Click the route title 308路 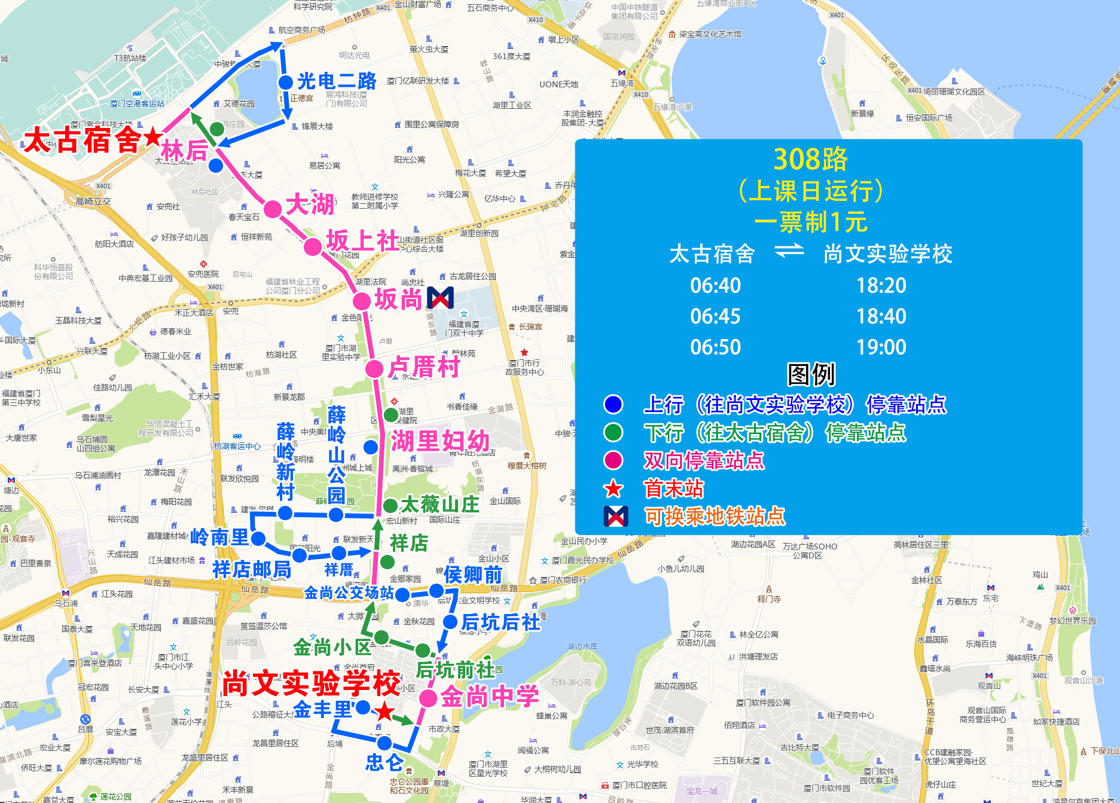pos(810,160)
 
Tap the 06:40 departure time pos(715,286)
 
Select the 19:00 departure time pos(881,347)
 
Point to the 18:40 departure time pos(881,316)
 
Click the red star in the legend pos(613,489)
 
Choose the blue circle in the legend pos(613,404)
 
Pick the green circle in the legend pos(613,432)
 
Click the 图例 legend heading pos(811,375)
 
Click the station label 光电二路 pos(337,81)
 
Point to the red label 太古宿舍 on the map pos(82,141)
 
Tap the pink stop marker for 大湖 pos(273,209)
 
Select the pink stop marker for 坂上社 pos(312,246)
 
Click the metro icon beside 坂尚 pos(440,298)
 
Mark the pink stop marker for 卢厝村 pos(374,368)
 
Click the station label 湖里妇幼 pos(440,441)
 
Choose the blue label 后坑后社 pos(501,622)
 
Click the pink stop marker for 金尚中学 pos(428,698)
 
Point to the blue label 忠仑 pos(384,762)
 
